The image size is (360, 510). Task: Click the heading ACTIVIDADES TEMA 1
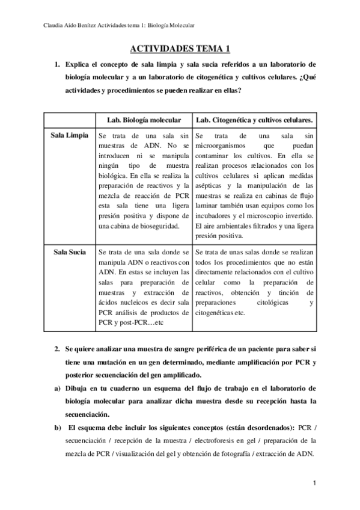[x=180, y=50]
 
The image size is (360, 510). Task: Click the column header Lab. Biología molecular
[x=143, y=120]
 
